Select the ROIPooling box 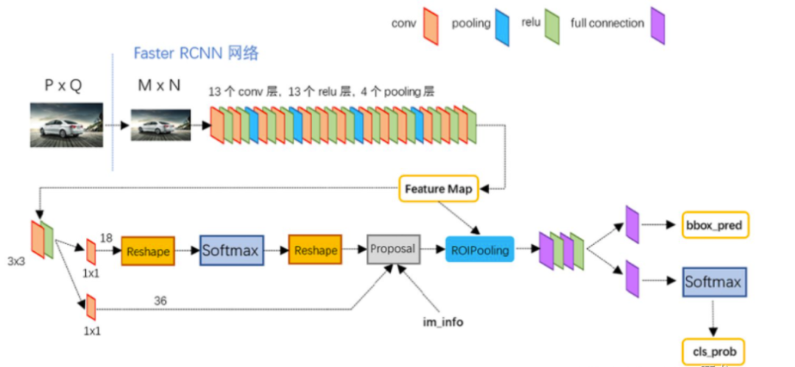pos(479,250)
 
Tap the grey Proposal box pos(393,249)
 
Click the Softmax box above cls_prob pos(713,282)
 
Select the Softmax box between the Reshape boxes pos(231,251)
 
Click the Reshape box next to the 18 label pos(148,251)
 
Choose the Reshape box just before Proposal pos(315,251)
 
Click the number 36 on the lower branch pos(160,300)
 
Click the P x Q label pos(63,86)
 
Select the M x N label pos(159,85)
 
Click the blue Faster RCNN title pos(196,54)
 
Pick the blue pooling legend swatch pos(504,26)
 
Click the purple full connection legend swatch pos(658,26)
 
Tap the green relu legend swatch pos(553,26)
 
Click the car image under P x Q pos(66,125)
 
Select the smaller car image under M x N pos(160,125)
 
